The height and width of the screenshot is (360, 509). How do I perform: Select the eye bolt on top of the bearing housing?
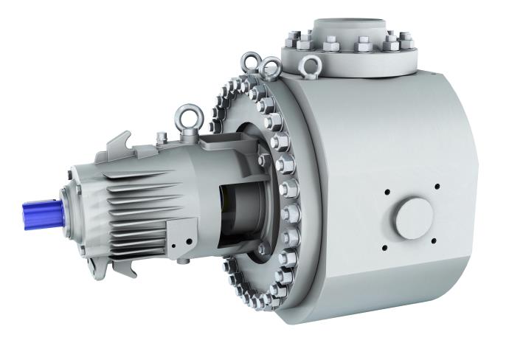(184, 117)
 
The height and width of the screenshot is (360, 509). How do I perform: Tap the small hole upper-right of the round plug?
(437, 186)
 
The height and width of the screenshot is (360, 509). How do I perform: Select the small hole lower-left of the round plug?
(386, 240)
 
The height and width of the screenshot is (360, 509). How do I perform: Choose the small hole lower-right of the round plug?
(435, 240)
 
